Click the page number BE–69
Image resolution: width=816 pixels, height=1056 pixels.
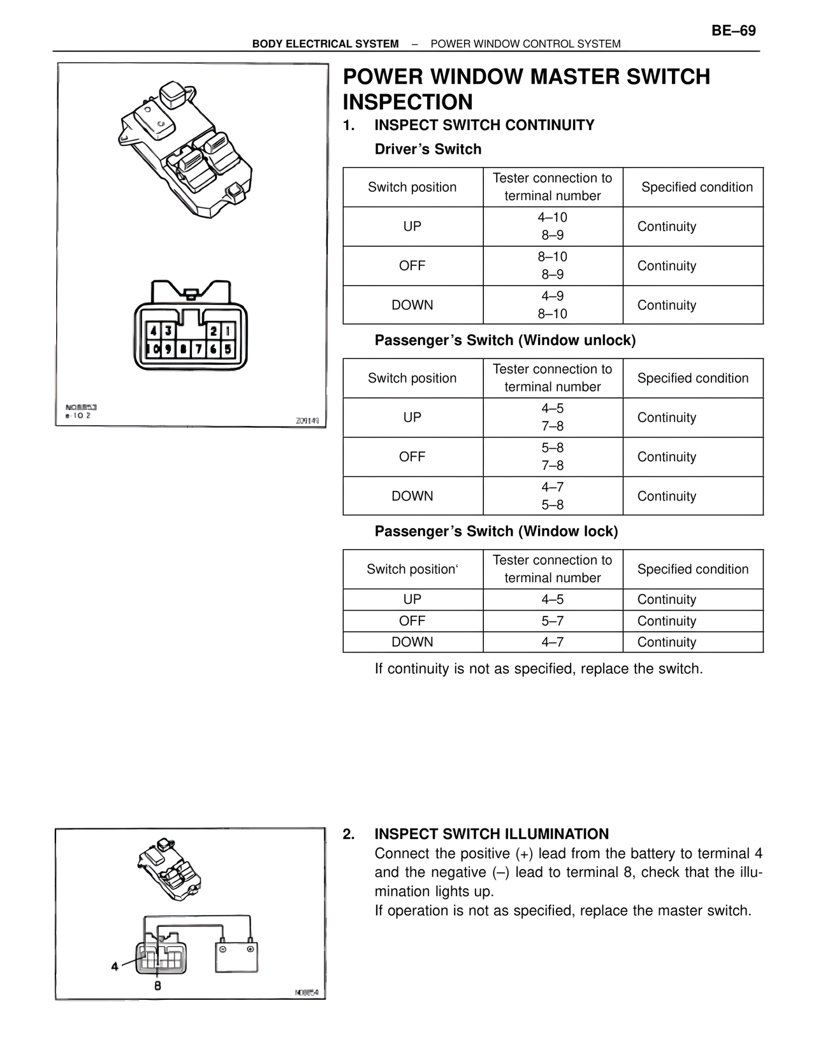(x=733, y=31)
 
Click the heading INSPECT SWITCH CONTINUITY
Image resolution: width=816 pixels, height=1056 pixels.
(x=484, y=125)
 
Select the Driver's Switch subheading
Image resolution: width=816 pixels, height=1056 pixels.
(x=428, y=149)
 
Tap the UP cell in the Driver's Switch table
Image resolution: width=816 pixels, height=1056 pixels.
(x=412, y=226)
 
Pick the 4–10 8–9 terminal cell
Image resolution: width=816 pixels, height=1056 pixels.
(x=552, y=226)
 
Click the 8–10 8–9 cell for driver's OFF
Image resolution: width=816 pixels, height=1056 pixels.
(x=552, y=266)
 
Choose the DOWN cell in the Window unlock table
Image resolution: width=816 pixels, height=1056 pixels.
(x=412, y=496)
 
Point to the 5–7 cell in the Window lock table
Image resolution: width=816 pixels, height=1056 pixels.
(x=552, y=621)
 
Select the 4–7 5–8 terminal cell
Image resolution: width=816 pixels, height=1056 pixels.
(x=552, y=496)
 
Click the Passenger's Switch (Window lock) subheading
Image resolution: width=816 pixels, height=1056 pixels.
(x=496, y=531)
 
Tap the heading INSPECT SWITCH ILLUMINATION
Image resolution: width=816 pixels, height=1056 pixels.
(x=492, y=834)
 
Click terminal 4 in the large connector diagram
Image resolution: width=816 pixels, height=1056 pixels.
(x=154, y=330)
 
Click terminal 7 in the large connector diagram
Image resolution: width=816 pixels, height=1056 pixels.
(x=198, y=349)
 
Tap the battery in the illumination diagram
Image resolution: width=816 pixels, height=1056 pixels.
(x=237, y=956)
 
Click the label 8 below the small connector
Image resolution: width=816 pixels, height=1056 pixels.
(x=157, y=985)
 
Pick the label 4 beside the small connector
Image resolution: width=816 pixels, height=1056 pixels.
(x=115, y=967)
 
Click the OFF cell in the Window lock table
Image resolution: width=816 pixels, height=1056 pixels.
(x=412, y=621)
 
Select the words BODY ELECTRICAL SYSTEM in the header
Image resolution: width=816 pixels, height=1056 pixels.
(x=325, y=44)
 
